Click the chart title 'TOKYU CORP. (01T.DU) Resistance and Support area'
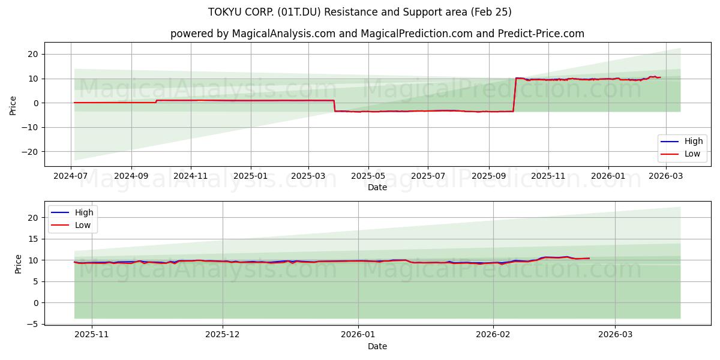360,12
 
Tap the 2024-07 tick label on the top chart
71,176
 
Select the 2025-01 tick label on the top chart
250,176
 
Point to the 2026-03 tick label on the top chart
666,176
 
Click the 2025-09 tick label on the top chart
488,176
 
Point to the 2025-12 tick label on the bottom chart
223,335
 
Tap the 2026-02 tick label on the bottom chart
493,335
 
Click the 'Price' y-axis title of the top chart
13,104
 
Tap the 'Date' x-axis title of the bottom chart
377,346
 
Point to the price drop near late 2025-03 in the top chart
334,106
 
